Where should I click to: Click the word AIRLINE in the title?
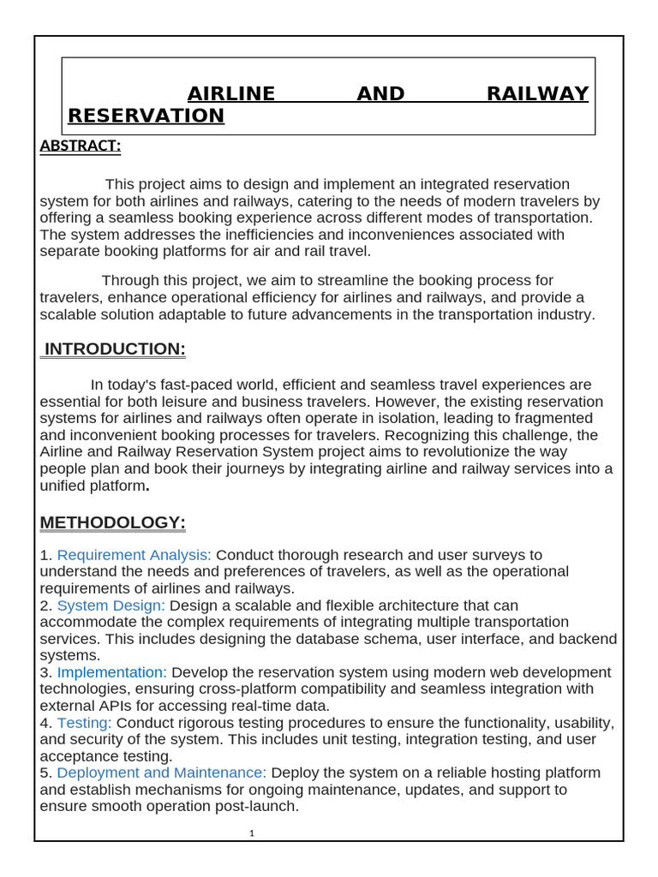[231, 94]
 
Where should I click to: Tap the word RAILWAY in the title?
[537, 94]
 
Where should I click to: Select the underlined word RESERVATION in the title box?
[146, 116]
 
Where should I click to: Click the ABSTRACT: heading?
[81, 146]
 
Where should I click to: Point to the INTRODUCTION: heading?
[115, 349]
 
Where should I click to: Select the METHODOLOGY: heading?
[113, 522]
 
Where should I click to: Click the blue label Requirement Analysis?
[135, 555]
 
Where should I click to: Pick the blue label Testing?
[84, 723]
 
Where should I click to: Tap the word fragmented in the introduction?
[555, 419]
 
